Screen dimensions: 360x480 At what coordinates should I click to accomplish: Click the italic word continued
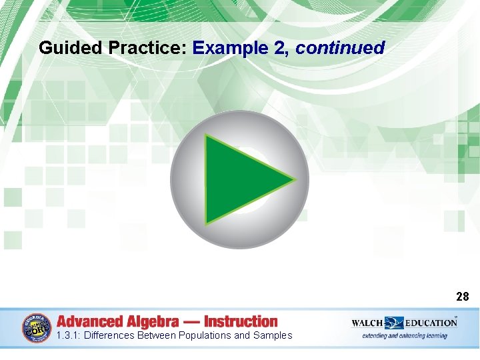click(340, 48)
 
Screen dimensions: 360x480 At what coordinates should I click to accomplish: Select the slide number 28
click(463, 297)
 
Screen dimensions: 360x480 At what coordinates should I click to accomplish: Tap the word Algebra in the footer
click(155, 321)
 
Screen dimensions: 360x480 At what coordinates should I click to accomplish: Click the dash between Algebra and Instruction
click(193, 321)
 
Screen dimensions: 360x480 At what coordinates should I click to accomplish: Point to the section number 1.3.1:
click(69, 335)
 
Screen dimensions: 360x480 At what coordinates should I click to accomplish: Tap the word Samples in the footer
click(273, 335)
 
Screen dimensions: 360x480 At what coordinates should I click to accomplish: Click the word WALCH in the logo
click(368, 323)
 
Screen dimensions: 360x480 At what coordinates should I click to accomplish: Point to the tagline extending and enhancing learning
click(405, 336)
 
